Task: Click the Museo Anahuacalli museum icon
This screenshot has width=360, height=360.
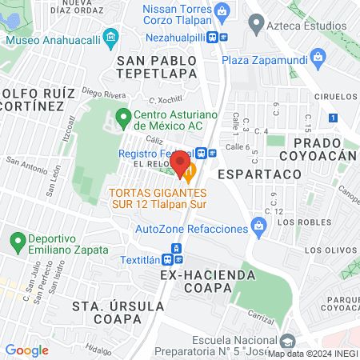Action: click(111, 37)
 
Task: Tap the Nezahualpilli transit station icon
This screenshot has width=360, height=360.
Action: click(216, 37)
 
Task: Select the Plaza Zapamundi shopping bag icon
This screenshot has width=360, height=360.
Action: click(318, 58)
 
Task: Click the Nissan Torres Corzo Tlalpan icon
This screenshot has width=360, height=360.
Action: click(222, 11)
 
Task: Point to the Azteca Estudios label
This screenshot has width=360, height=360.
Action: click(306, 26)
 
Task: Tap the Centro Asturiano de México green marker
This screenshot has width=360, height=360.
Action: click(123, 118)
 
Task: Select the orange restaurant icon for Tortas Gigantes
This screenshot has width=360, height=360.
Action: click(189, 171)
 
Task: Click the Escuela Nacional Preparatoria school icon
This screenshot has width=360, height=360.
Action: click(287, 338)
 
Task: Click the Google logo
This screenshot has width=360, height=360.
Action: click(26, 350)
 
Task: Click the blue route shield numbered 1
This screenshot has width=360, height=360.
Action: click(332, 118)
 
